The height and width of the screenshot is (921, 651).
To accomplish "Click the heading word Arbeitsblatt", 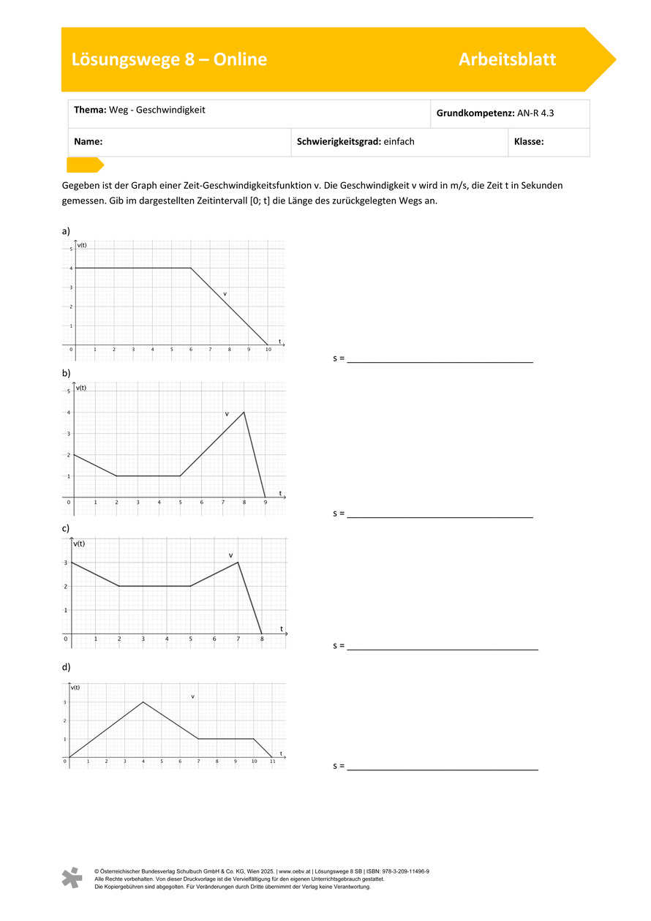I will tap(507, 60).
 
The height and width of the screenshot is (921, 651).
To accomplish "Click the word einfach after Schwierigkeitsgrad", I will tap(399, 142).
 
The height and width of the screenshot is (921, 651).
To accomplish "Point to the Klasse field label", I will tap(529, 142).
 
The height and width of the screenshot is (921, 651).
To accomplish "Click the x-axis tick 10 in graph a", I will tap(268, 350).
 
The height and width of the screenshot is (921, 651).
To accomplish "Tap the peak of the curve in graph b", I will tap(244, 412).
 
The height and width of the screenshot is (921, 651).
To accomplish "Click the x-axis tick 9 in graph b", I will tap(266, 503).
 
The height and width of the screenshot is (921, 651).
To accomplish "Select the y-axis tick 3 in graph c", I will tap(65, 563).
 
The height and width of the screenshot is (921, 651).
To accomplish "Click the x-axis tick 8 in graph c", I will tap(262, 639).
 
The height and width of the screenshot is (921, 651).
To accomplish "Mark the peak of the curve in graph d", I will tap(143, 702).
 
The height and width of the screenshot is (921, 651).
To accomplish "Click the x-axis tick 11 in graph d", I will tap(272, 762).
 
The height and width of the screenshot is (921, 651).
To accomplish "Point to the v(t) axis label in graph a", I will tap(82, 245).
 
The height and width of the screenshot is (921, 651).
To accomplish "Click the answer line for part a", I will tap(440, 361).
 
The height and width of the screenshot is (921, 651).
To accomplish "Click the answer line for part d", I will tap(443, 769).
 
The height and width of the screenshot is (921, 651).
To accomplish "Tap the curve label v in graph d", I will tap(192, 696).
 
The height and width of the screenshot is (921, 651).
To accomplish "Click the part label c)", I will tap(66, 528).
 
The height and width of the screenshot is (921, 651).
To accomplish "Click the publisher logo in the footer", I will tap(72, 878).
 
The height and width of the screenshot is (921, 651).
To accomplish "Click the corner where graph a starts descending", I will tap(191, 268).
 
